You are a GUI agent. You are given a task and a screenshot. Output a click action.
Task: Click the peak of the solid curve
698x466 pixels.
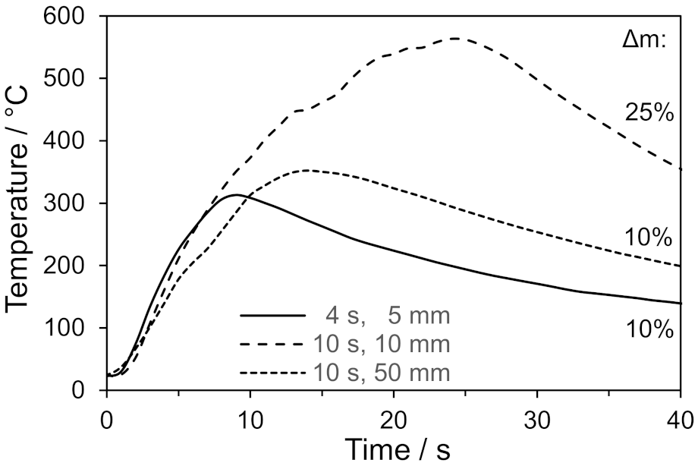(236, 195)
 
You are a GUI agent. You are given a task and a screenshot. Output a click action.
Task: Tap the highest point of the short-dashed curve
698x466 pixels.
(306, 170)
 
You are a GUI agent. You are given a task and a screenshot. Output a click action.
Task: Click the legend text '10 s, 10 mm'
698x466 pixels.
(382, 343)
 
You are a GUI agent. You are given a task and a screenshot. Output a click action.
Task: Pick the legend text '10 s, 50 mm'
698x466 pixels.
(382, 371)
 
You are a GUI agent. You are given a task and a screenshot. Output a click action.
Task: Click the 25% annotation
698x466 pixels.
(649, 112)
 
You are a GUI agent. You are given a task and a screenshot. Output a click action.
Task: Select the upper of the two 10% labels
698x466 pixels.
(649, 238)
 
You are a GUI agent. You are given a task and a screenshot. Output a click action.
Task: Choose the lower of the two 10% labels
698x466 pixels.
(649, 329)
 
